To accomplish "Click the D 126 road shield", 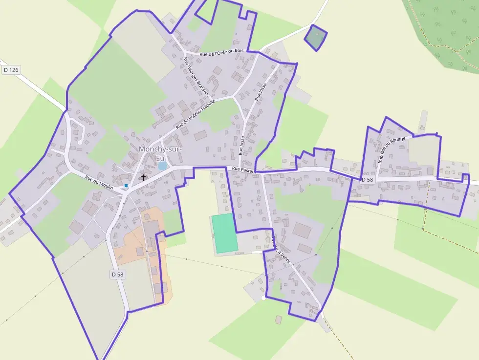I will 11,70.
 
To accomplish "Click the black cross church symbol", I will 143,178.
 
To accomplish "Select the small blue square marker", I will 126,186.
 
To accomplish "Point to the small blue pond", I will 162,166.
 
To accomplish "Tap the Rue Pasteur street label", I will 244,169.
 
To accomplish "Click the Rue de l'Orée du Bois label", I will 221,51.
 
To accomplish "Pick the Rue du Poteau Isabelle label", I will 196,114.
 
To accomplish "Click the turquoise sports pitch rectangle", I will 224,233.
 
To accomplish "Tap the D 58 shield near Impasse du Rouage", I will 368,180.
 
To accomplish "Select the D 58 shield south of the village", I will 117,275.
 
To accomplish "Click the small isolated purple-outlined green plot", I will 315,37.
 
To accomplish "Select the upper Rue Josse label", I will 261,92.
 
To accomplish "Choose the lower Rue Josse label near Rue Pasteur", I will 241,146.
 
